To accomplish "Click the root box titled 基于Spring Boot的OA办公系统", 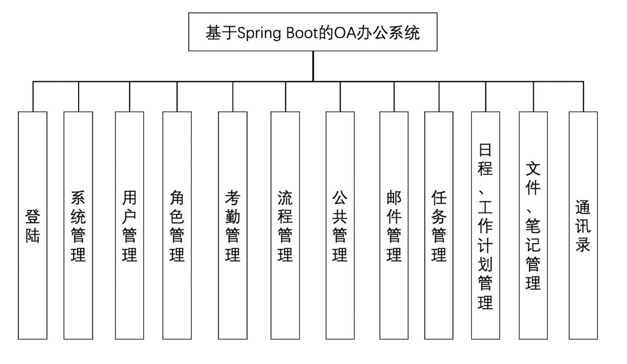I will pyautogui.click(x=313, y=32).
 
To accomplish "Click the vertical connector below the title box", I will pyautogui.click(x=313, y=66).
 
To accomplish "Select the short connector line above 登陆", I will pyautogui.click(x=32, y=96).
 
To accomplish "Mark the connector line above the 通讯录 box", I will pyautogui.click(x=583, y=96).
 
